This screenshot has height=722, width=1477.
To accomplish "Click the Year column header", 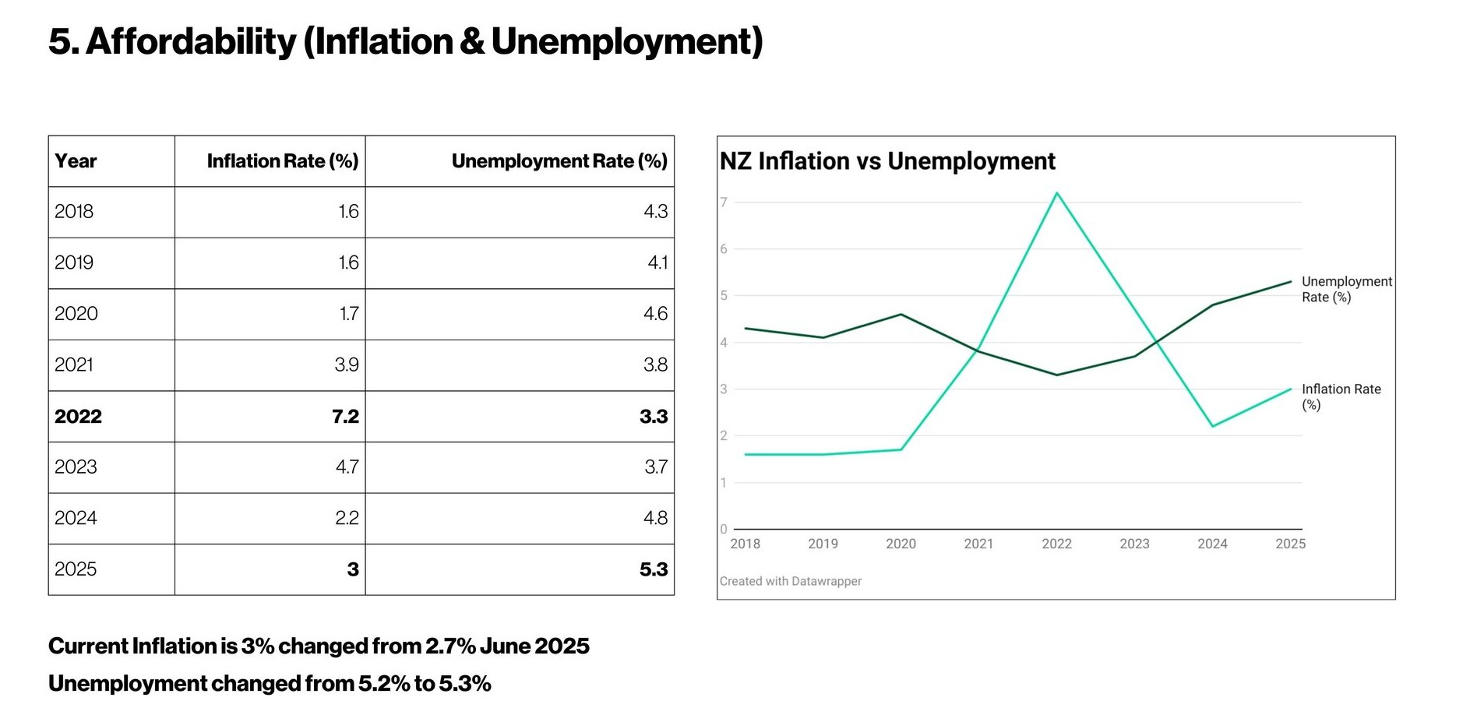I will click(x=76, y=161).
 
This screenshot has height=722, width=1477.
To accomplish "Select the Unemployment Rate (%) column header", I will click(x=559, y=161).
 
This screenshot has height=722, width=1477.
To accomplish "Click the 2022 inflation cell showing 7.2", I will click(x=345, y=416).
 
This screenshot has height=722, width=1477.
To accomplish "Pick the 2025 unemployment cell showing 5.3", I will click(x=653, y=569).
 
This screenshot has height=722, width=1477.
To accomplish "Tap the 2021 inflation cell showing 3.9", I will click(x=347, y=365).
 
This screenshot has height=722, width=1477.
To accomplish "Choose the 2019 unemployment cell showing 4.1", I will click(x=657, y=262).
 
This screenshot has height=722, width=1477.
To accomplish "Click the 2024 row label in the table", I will click(x=76, y=518).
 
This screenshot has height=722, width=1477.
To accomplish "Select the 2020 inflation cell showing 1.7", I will click(x=348, y=314).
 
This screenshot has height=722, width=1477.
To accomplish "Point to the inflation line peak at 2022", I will click(x=1056, y=193).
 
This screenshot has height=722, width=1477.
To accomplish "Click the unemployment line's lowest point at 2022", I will click(x=1056, y=375).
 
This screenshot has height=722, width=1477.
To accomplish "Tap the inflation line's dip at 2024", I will click(x=1213, y=426).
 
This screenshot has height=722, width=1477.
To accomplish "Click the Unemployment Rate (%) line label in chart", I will click(x=1345, y=289).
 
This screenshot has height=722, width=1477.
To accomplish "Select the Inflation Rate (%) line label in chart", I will click(x=1340, y=396).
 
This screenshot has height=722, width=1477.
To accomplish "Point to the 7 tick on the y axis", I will click(x=724, y=203).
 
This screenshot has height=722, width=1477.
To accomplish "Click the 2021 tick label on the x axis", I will click(x=978, y=544).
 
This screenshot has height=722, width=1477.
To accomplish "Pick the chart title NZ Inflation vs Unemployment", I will click(x=887, y=161).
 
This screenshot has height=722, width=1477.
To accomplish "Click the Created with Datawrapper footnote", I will click(x=790, y=581).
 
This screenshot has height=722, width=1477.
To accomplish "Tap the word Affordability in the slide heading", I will click(x=191, y=42).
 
